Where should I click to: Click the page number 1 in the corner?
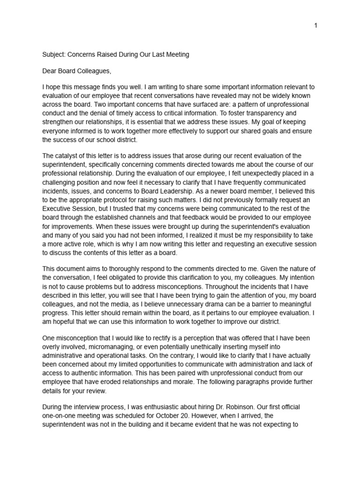(316, 25)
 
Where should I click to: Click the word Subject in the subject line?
(53, 54)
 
